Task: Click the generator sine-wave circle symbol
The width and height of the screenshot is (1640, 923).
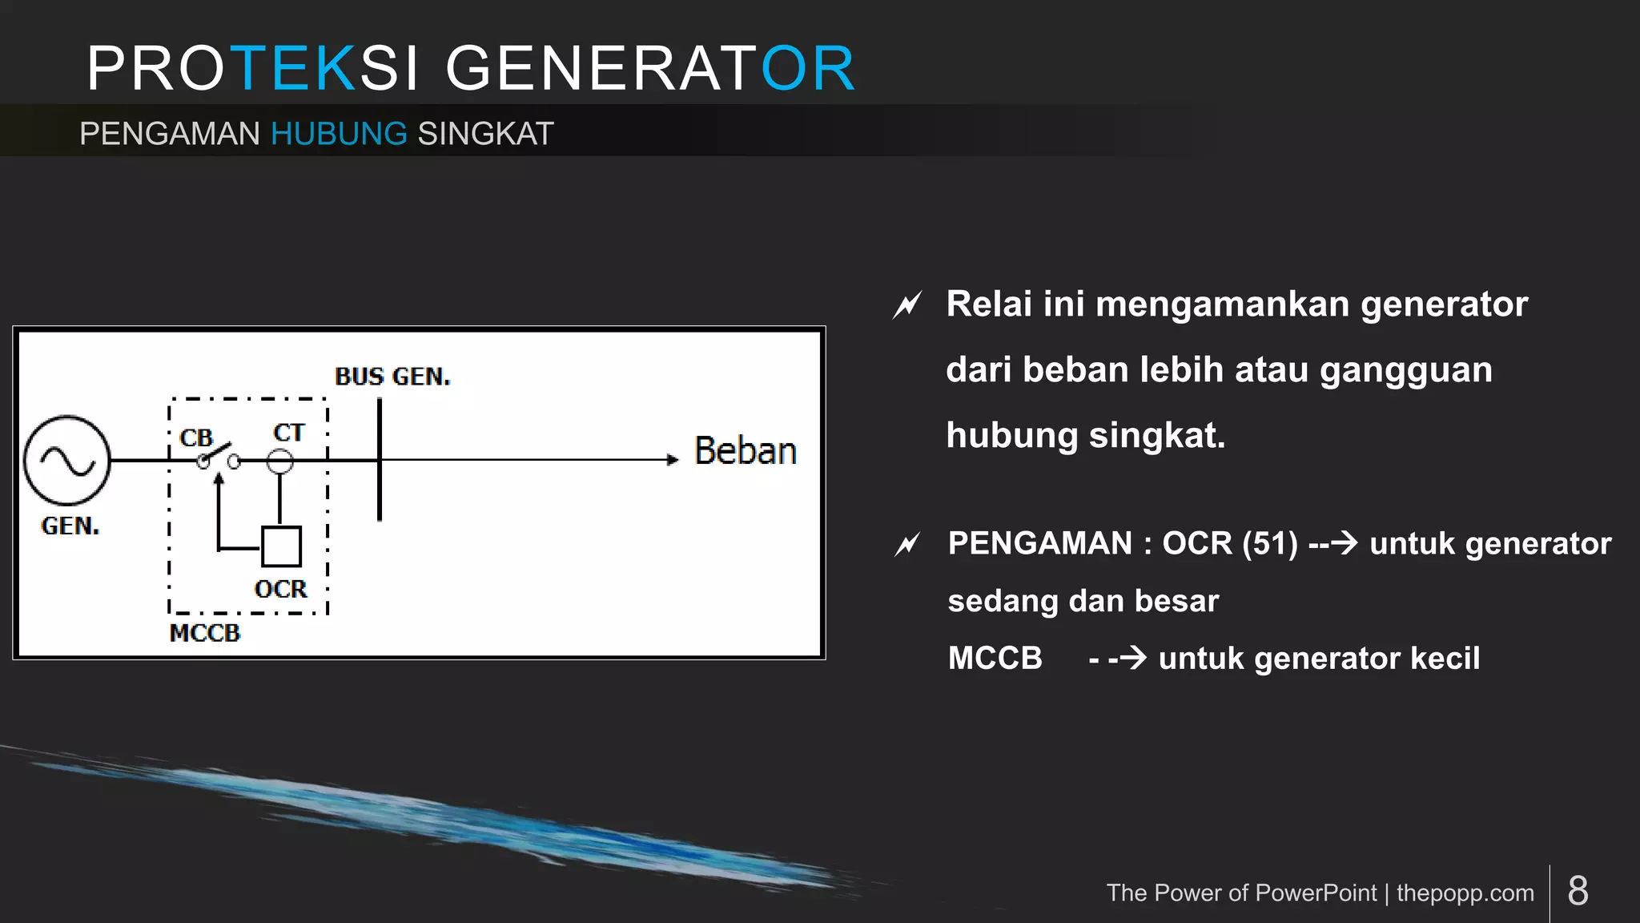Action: [x=67, y=460]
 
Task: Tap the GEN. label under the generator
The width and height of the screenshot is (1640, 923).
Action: [x=70, y=526]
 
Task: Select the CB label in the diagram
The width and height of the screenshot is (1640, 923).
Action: [x=196, y=438]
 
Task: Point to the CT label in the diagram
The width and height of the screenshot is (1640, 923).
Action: [x=288, y=433]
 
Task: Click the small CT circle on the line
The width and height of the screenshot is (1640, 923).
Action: [x=279, y=461]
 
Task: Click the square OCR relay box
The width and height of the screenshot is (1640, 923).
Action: [x=282, y=546]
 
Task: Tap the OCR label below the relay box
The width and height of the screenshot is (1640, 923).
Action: [x=280, y=590]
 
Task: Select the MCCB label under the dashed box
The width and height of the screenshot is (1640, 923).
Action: [x=205, y=633]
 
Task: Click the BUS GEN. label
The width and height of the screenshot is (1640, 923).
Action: [x=392, y=377]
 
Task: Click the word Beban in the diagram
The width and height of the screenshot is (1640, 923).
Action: [x=745, y=451]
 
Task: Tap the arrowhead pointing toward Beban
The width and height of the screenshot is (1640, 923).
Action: [x=673, y=460]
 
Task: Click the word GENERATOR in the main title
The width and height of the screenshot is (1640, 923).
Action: [x=650, y=69]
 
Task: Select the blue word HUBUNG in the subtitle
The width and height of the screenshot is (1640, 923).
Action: [x=339, y=134]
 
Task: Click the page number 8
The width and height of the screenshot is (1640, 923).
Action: [x=1578, y=891]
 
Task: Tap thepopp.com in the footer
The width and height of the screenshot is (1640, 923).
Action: [x=1465, y=893]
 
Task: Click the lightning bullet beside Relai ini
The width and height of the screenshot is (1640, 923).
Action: [x=907, y=305]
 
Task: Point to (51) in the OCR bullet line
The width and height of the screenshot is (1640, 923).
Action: [x=1270, y=543]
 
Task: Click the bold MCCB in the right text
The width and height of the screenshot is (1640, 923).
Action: [x=995, y=659]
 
